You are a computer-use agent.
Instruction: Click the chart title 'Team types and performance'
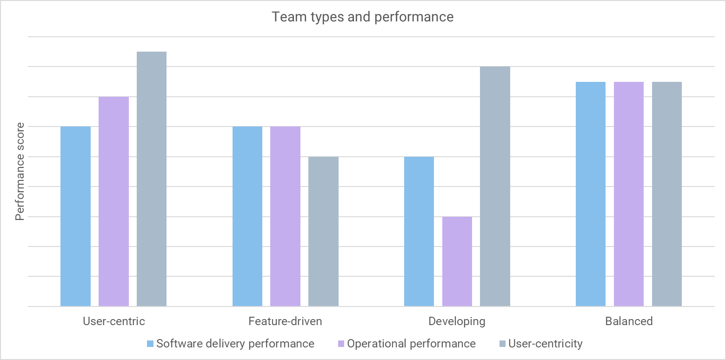pyautogui.click(x=362, y=17)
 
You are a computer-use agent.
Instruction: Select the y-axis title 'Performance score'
pyautogui.click(x=20, y=172)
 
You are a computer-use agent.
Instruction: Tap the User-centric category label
pyautogui.click(x=113, y=321)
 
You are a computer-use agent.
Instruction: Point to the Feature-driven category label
pyautogui.click(x=285, y=321)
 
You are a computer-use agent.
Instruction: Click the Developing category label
pyautogui.click(x=457, y=321)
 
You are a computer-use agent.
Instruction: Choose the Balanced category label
pyautogui.click(x=629, y=321)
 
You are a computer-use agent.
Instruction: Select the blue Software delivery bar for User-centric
pyautogui.click(x=76, y=216)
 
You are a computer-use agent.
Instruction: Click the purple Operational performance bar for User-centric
pyautogui.click(x=113, y=201)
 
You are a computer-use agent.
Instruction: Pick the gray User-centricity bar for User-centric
pyautogui.click(x=152, y=179)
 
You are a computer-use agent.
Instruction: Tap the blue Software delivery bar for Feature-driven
pyautogui.click(x=247, y=216)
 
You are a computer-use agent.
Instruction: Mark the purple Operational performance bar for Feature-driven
pyautogui.click(x=285, y=216)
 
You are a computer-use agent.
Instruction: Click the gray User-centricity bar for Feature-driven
pyautogui.click(x=323, y=232)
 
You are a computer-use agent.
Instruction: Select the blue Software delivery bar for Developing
pyautogui.click(x=419, y=232)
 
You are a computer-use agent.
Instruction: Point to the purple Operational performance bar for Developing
pyautogui.click(x=457, y=261)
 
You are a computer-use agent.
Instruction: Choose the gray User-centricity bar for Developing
pyautogui.click(x=495, y=187)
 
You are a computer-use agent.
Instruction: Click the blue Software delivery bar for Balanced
pyautogui.click(x=591, y=194)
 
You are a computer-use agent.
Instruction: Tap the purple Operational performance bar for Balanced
pyautogui.click(x=629, y=194)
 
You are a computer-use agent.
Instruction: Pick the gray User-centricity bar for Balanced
pyautogui.click(x=666, y=194)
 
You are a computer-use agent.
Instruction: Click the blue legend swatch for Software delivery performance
pyautogui.click(x=150, y=344)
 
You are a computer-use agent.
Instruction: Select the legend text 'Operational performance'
pyautogui.click(x=411, y=344)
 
